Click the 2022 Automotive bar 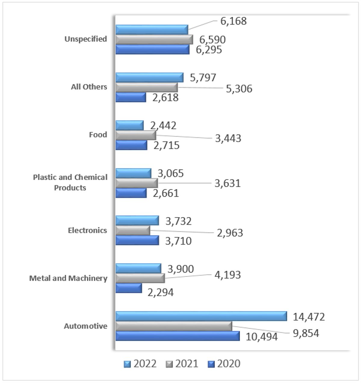(201, 316)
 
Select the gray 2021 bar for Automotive (174, 326)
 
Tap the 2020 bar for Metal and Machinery (128, 288)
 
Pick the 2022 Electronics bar (137, 220)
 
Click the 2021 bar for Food (135, 135)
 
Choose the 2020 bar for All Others (131, 97)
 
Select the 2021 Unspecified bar (154, 39)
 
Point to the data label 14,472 (309, 317)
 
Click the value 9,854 (306, 333)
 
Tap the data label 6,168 (233, 21)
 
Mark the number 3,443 (228, 138)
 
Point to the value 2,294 (160, 292)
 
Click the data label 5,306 (239, 89)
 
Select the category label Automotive (85, 326)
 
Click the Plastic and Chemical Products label (70, 182)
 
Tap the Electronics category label (87, 230)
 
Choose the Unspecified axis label (86, 39)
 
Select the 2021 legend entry (182, 364)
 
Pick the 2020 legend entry (224, 364)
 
